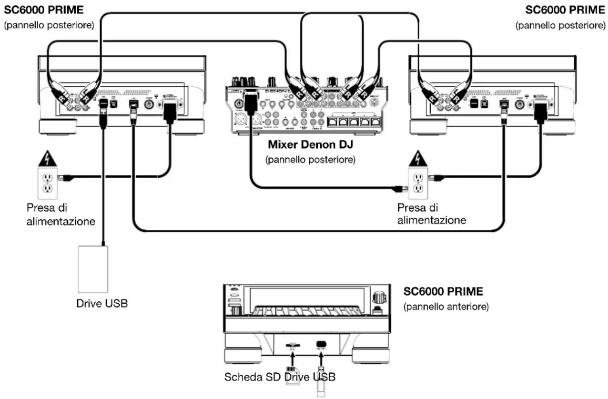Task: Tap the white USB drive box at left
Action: click(93, 269)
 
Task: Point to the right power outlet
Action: click(418, 183)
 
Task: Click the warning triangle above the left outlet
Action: click(47, 157)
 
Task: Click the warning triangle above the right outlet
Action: click(417, 157)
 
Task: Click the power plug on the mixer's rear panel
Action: click(249, 102)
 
